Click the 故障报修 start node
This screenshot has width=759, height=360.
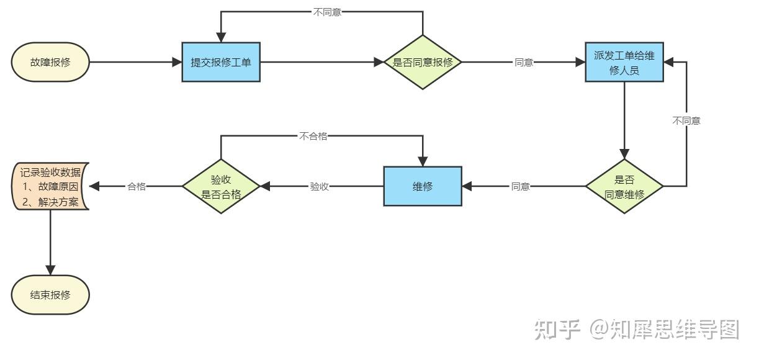point(51,62)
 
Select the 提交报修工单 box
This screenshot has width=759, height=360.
point(221,62)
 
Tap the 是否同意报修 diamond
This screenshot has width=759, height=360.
point(423,62)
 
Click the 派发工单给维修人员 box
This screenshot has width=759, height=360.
point(624,62)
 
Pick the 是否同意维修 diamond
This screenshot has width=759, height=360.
point(624,186)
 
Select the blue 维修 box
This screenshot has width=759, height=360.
point(423,186)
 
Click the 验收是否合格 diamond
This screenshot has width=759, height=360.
point(221,186)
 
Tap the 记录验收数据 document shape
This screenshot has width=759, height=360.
point(51,186)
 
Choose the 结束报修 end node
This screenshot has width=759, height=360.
point(51,294)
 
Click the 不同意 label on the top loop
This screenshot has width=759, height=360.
point(327,12)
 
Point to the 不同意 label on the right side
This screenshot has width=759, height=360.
point(686,121)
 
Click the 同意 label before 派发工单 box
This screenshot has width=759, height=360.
point(524,63)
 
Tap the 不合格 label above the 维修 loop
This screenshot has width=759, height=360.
point(313,137)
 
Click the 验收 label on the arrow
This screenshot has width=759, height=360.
point(319,186)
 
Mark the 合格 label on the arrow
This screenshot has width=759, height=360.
point(137,186)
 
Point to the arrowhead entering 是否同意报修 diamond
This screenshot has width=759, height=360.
point(380,62)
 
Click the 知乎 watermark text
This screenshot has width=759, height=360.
point(557,330)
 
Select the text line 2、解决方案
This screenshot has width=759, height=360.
point(51,201)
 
